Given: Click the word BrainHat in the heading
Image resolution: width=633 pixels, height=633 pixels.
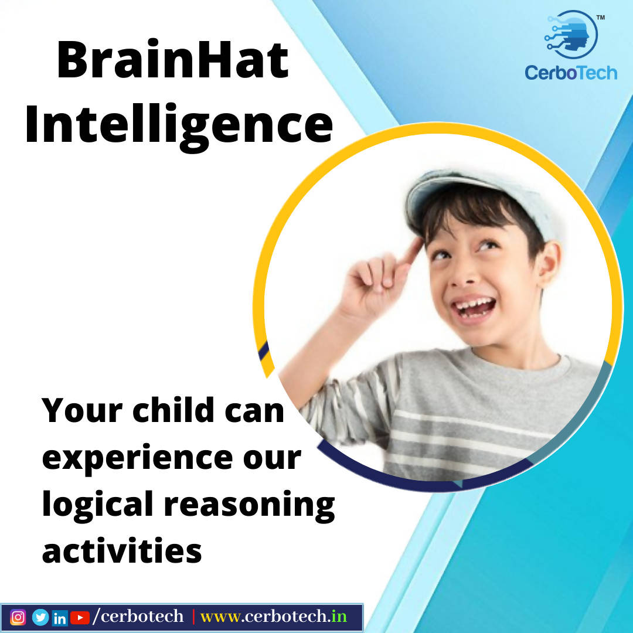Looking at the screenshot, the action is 173,60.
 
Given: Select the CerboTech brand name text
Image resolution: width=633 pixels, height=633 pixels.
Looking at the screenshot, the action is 571,73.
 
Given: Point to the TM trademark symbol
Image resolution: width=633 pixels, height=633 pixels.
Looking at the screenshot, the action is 601,18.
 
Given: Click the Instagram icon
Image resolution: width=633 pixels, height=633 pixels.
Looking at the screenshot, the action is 18,617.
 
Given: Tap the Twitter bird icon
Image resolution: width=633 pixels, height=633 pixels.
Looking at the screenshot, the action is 40,617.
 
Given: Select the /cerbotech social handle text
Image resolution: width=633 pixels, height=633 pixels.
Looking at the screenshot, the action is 138,617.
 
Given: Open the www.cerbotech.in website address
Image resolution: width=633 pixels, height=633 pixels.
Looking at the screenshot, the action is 274,617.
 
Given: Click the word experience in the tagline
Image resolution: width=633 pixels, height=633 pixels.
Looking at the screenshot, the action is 138,459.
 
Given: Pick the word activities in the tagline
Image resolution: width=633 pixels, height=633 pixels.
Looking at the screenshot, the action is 122,550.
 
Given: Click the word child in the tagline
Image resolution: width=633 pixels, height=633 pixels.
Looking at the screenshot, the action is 173,410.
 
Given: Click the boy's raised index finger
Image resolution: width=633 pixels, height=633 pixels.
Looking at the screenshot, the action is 412,251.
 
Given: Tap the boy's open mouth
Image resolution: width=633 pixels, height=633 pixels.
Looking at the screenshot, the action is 474,309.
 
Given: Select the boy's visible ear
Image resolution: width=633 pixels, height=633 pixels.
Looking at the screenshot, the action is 549,263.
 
